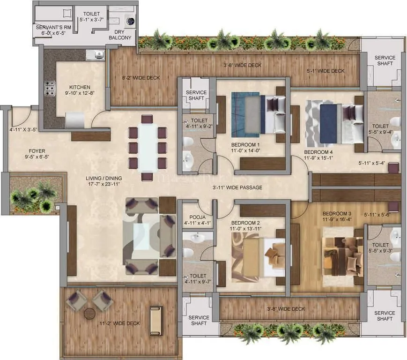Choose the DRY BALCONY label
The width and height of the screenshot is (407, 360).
[120, 41]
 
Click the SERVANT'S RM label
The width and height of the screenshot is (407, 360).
[53, 28]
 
